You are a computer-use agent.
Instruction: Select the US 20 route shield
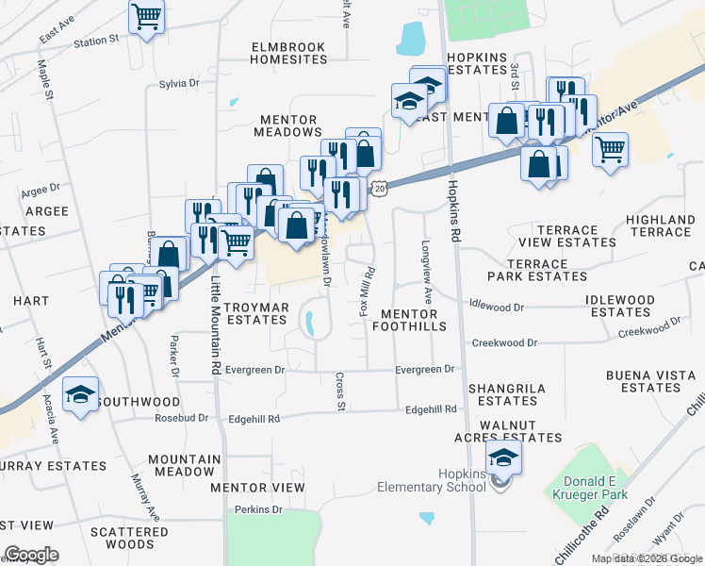click(379, 188)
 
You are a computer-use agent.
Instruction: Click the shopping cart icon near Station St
click(146, 16)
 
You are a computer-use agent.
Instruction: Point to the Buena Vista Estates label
click(650, 381)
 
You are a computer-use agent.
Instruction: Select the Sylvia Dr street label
click(179, 84)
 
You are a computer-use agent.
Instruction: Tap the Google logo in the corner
click(31, 555)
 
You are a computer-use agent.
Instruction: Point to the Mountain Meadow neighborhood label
click(184, 465)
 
